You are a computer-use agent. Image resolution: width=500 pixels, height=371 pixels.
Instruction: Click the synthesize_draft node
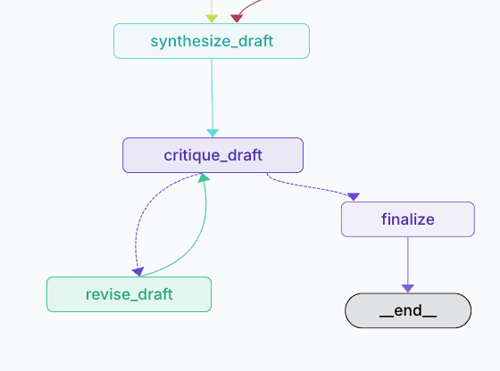211,41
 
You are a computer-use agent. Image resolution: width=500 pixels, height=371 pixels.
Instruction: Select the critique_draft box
212,155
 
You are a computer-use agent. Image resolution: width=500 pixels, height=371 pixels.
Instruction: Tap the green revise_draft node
129,294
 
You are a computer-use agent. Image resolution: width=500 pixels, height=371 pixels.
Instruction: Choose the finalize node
407,219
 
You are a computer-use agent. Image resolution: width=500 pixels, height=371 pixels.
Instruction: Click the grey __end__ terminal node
407,310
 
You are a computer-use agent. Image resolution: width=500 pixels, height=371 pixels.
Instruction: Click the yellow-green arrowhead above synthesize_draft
212,18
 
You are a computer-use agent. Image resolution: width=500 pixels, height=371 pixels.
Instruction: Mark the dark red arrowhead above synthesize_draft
237,17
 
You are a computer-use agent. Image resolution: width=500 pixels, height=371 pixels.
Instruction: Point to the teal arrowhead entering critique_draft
212,133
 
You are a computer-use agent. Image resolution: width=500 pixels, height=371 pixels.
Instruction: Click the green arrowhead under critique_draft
204,178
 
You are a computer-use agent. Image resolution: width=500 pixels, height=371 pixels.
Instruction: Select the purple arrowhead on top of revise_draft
137,271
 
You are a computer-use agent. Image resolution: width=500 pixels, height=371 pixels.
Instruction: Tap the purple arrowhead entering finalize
354,196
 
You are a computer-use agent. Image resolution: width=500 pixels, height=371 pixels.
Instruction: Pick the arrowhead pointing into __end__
407,287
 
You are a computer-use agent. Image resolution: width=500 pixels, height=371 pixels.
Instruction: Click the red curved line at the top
252,7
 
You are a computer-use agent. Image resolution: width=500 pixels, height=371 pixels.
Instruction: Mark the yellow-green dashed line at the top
212,5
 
